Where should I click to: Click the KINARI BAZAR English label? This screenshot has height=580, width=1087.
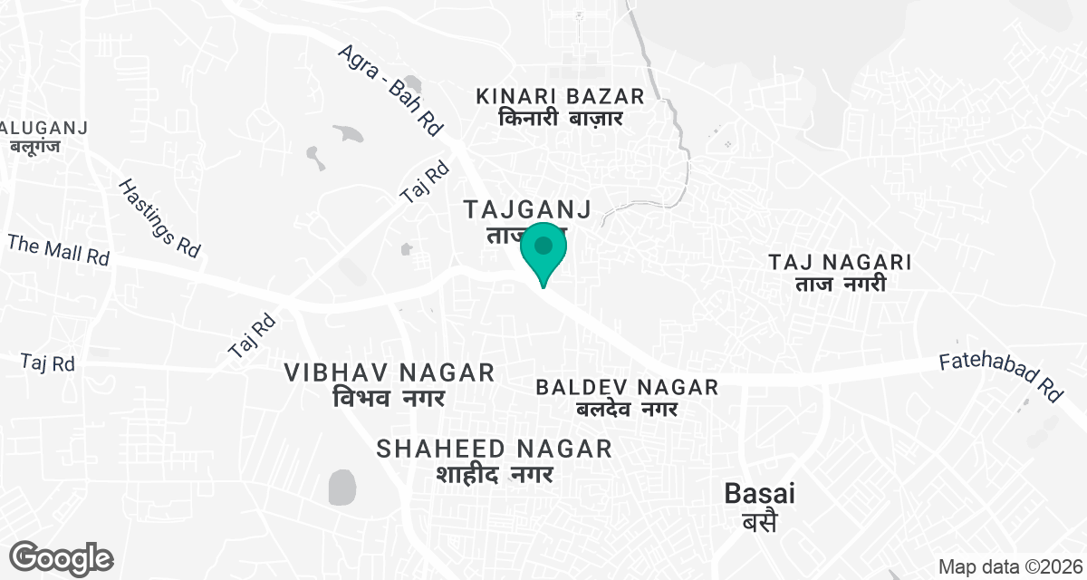point(560,96)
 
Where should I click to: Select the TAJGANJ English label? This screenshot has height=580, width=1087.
point(527,210)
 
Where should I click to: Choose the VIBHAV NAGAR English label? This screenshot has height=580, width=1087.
point(389,372)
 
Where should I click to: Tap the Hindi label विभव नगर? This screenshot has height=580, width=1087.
point(389,397)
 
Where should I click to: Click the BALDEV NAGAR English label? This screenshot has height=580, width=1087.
point(627,388)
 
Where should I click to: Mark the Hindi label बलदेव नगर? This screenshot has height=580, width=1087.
point(627,410)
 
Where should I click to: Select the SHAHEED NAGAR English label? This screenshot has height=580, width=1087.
point(494,449)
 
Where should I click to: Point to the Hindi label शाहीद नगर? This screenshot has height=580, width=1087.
point(494,473)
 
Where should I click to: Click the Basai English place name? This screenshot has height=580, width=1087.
point(760,494)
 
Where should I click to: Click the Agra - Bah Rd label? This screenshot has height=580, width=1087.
point(390,91)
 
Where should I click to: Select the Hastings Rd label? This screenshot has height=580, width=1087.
point(159,217)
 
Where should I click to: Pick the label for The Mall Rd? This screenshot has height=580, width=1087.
point(58,249)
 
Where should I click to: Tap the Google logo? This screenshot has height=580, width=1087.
point(62,557)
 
